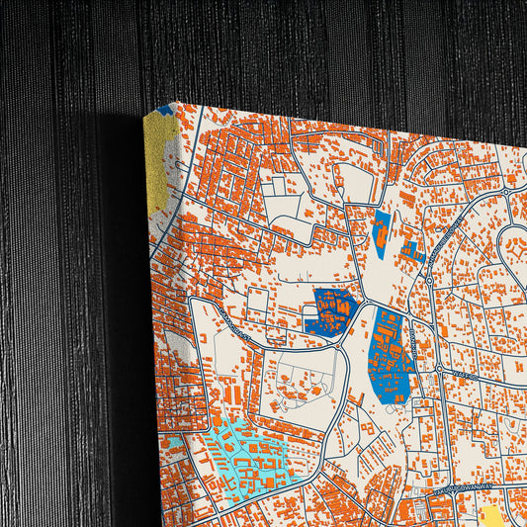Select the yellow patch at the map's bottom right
[492, 517]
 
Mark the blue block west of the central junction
[334, 310]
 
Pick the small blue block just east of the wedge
[412, 252]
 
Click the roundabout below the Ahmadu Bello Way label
[429, 281]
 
